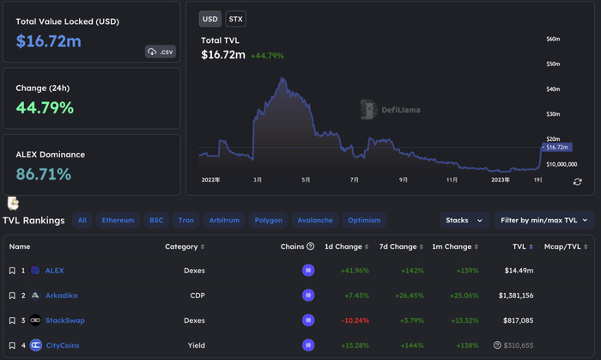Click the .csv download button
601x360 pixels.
pyautogui.click(x=161, y=52)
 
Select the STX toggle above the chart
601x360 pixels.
pyautogui.click(x=235, y=19)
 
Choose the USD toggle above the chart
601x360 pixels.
pyautogui.click(x=209, y=19)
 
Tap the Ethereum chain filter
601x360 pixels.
pyautogui.click(x=118, y=220)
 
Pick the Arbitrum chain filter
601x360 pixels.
pyautogui.click(x=224, y=220)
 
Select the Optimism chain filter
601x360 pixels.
pyautogui.click(x=364, y=220)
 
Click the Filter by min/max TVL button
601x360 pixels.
pyautogui.click(x=544, y=220)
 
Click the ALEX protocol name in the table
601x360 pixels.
pyautogui.click(x=54, y=271)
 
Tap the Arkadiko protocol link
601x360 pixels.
pyautogui.click(x=61, y=296)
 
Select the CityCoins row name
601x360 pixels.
pyautogui.click(x=64, y=345)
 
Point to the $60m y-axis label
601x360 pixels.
pyautogui.click(x=553, y=40)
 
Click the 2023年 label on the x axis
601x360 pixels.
pyautogui.click(x=501, y=180)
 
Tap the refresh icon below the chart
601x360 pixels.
pyautogui.click(x=578, y=182)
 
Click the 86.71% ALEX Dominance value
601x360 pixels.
pyautogui.click(x=44, y=174)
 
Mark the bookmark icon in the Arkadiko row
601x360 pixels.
pyautogui.click(x=12, y=296)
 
